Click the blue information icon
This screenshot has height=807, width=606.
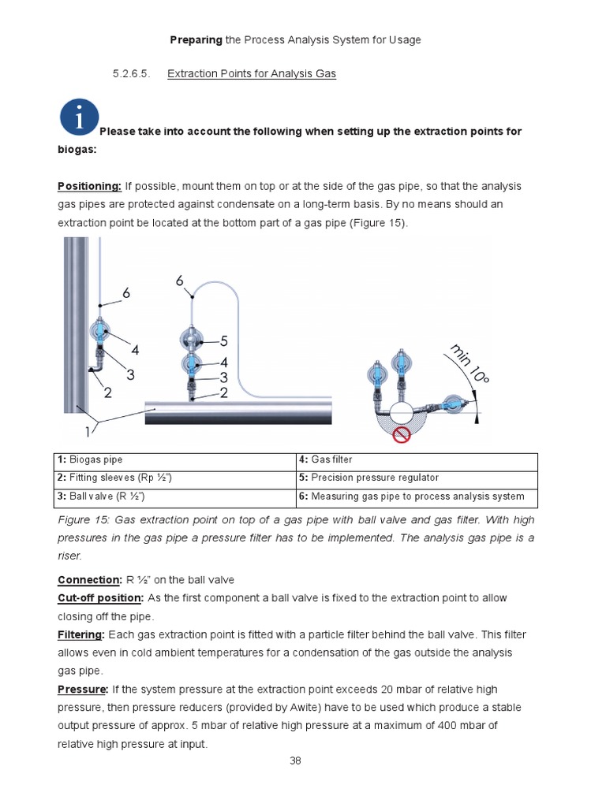78,117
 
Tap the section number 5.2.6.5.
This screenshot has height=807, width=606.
130,74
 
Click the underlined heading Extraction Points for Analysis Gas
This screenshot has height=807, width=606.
252,74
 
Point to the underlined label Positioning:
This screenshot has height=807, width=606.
89,186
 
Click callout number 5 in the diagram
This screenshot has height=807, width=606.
224,341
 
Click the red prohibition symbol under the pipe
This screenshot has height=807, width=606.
403,435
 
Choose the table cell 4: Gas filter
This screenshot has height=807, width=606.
417,459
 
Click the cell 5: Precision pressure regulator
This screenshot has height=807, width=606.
417,478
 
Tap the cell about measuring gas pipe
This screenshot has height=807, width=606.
417,496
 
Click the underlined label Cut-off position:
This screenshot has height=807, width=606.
100,598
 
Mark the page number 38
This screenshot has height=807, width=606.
296,761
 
